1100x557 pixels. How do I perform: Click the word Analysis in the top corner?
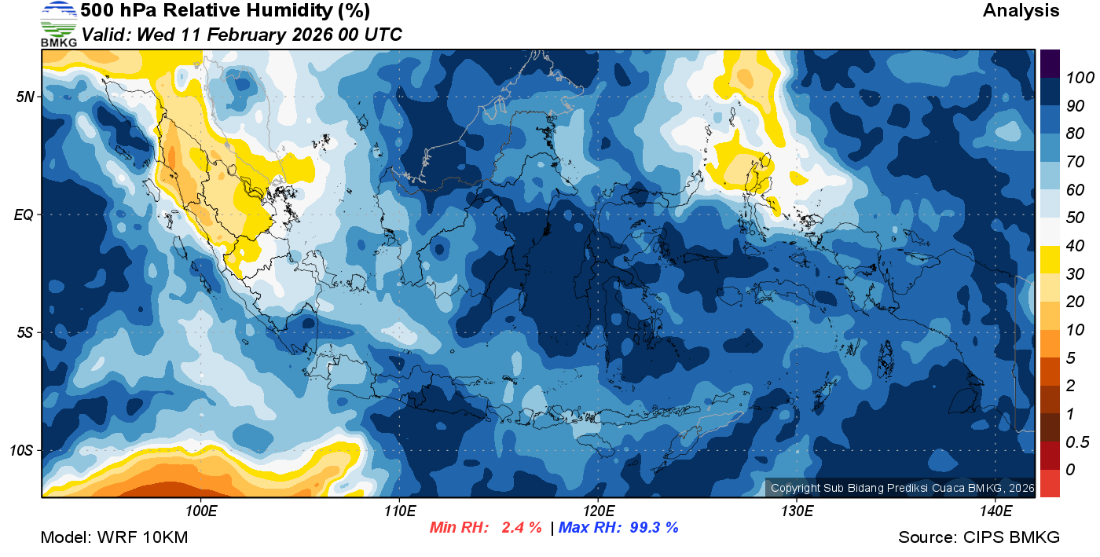pyautogui.click(x=1021, y=11)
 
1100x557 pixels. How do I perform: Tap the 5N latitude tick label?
pyautogui.click(x=25, y=97)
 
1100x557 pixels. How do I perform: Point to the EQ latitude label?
pyautogui.click(x=25, y=214)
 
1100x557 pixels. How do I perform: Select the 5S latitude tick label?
pyautogui.click(x=25, y=332)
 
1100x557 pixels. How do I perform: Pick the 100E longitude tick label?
pyautogui.click(x=201, y=511)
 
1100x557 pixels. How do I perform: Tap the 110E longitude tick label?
pyautogui.click(x=400, y=511)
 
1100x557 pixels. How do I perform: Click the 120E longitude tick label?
pyautogui.click(x=598, y=511)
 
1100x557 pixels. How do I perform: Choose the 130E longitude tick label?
pyautogui.click(x=797, y=511)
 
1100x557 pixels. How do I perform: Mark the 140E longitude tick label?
pyautogui.click(x=995, y=511)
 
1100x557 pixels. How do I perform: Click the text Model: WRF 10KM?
pyautogui.click(x=114, y=537)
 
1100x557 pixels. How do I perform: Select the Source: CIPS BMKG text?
pyautogui.click(x=979, y=537)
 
